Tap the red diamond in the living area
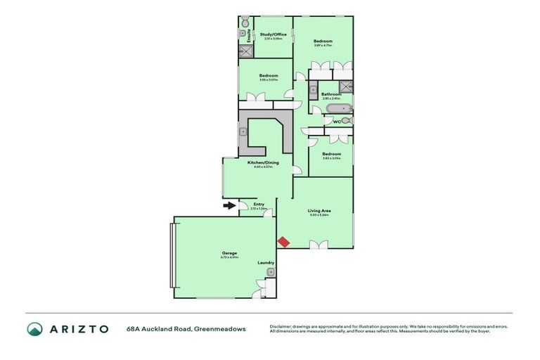point(283,242)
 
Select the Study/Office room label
point(272,34)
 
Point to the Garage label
point(229,253)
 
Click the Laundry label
point(265,263)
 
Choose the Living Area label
point(319,210)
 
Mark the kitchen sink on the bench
point(243,131)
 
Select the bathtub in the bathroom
point(330,108)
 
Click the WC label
point(336,122)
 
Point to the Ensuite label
point(248,36)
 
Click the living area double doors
point(318,244)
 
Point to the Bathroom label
point(331,94)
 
